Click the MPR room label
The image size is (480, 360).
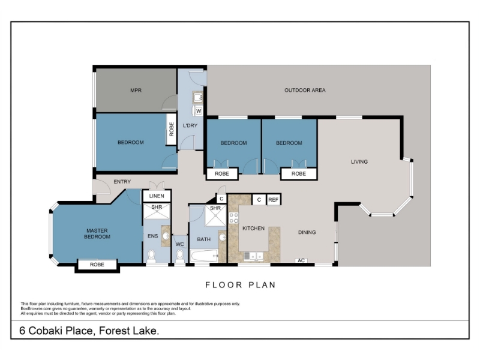pos(136,91)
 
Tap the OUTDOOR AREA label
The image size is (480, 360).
pos(305,91)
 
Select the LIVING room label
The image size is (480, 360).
pos(359,161)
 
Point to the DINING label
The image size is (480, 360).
pos(307,232)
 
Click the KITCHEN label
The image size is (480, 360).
pos(253,229)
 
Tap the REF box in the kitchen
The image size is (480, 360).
pos(274,200)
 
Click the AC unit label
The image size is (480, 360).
pos(301,260)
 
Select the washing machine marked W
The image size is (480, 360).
pos(199,111)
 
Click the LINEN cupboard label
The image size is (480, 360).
pos(157,196)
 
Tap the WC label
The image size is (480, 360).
pos(179,244)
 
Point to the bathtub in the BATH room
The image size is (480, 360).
pos(204,256)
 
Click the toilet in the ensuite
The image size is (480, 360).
pos(152,256)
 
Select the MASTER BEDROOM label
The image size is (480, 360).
pos(97,233)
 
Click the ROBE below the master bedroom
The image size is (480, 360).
pos(97,265)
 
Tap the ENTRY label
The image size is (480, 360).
pos(122,182)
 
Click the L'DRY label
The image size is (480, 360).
pos(190,125)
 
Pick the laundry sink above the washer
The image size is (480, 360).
pos(197,98)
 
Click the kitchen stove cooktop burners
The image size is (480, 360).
pos(234,218)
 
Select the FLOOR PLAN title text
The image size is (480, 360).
pos(241,285)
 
